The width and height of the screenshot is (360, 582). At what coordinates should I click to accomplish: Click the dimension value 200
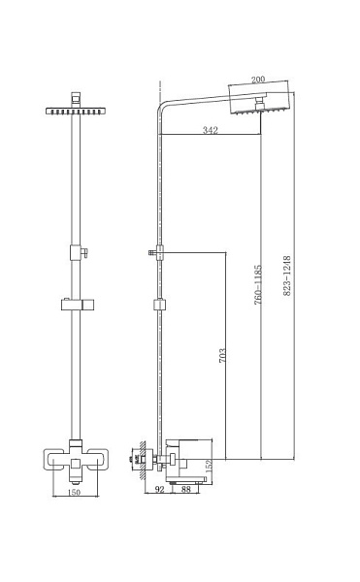[x=258, y=81]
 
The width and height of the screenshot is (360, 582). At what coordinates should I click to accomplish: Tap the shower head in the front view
[x=75, y=109]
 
